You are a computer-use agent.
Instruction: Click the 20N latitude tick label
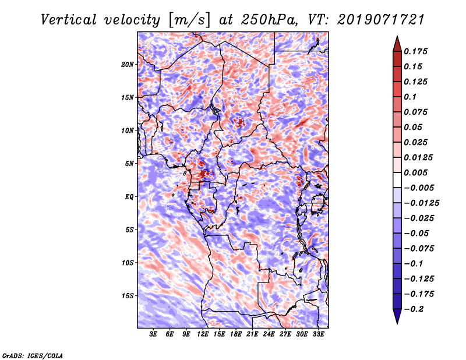(128, 64)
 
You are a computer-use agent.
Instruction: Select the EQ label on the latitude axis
(130, 196)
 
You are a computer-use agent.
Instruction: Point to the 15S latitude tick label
(128, 295)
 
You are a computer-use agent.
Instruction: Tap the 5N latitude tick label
(130, 163)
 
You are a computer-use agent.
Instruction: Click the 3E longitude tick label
(154, 335)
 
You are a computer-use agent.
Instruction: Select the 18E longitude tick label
(236, 335)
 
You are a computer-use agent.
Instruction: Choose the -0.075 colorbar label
(419, 248)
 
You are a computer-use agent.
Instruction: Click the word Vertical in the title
(69, 19)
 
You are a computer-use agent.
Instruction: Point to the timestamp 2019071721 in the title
(373, 19)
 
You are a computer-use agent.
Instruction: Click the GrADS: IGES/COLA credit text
(32, 355)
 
